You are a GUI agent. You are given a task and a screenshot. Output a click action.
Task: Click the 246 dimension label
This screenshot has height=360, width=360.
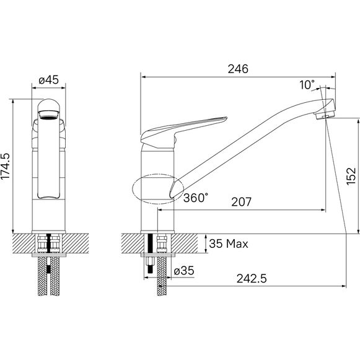238,69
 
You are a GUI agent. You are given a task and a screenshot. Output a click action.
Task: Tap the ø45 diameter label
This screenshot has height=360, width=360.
49,80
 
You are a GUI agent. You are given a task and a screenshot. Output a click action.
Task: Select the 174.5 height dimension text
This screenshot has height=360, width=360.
6,167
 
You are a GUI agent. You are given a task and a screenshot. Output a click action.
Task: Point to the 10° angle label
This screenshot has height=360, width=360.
307,85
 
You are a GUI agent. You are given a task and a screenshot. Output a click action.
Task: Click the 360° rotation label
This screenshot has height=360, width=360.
196,198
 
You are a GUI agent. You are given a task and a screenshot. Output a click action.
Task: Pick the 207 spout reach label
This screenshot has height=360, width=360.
241,202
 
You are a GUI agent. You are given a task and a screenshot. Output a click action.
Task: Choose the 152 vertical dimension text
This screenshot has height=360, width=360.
351,177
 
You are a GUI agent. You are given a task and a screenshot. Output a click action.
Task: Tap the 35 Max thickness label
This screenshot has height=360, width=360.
229,244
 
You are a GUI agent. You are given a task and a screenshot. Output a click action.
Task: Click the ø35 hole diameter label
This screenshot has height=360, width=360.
184,271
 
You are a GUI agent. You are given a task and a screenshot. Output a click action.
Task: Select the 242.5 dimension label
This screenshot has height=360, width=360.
252,279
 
